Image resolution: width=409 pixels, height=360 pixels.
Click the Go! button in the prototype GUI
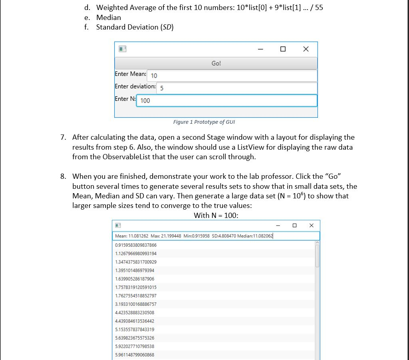tap(216, 63)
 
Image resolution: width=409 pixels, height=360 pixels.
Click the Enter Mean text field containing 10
tap(232, 75)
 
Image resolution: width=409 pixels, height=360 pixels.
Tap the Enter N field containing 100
tap(226, 101)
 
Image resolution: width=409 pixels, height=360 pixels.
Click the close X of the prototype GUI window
tap(306, 49)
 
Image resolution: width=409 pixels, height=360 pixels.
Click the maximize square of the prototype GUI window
tap(283, 49)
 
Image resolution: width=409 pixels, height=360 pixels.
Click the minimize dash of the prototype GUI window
tap(260, 49)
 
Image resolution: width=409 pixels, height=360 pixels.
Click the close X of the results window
tap(312, 225)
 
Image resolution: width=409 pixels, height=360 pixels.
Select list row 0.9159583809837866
tap(136, 245)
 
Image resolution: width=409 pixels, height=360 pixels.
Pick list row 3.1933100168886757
tap(136, 304)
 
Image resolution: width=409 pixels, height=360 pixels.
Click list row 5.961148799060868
tap(135, 355)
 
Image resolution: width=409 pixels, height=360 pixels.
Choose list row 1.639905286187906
tap(135, 279)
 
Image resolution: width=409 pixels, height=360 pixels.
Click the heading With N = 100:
tap(216, 216)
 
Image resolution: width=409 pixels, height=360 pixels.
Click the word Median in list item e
tap(108, 18)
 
